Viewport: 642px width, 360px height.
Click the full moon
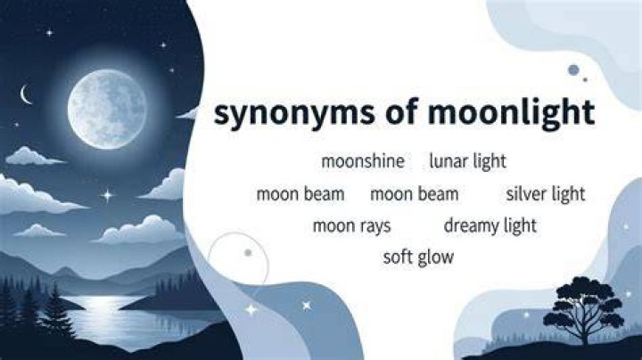[107, 109]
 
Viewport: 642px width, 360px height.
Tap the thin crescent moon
[25, 94]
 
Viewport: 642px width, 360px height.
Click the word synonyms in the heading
[294, 113]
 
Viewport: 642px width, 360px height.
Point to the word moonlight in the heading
[511, 112]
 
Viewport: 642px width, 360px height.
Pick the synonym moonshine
[363, 161]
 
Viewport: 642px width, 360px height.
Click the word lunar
[449, 160]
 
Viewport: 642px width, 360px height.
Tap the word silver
[526, 194]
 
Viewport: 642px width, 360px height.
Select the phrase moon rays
[351, 226]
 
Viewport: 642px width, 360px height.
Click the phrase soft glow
[418, 258]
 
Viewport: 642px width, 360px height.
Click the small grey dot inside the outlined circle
[248, 253]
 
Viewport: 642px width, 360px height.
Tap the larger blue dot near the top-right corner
[573, 70]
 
